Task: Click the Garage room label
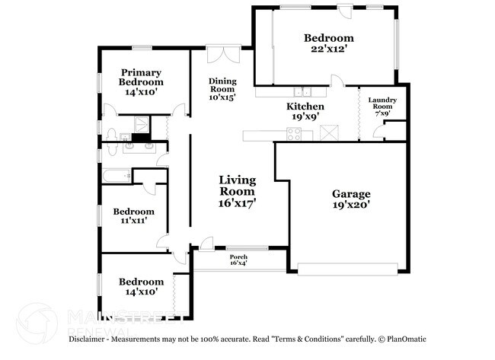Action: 351,193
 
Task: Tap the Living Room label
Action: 237,186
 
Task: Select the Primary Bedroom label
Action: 140,77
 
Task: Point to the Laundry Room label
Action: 382,104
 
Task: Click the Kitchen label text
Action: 305,107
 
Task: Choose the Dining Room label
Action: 222,84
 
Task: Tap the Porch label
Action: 238,257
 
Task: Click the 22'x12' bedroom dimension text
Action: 328,49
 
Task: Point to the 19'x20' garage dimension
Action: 351,205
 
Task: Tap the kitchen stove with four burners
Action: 293,134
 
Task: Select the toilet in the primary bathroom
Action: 113,136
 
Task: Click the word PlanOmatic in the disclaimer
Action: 407,339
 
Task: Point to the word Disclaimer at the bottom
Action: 94,339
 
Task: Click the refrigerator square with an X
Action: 329,133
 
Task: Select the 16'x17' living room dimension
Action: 237,203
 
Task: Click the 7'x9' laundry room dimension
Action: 382,114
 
